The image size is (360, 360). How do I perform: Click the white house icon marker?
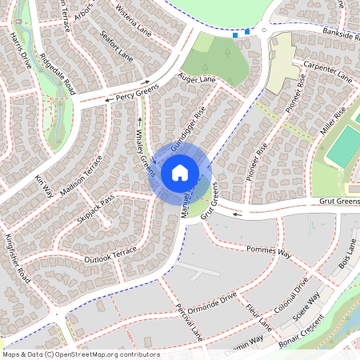click(x=179, y=172)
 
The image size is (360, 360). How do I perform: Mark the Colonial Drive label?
click(x=290, y=312)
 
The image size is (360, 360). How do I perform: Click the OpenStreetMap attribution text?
click(x=80, y=354)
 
